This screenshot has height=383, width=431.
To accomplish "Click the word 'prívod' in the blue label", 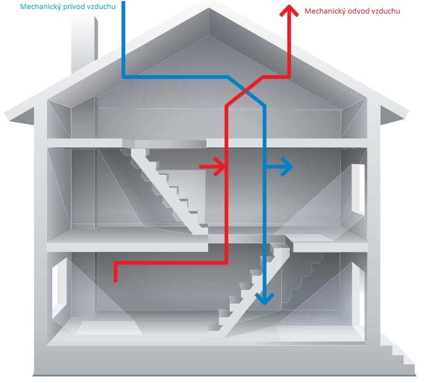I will click(x=71, y=7).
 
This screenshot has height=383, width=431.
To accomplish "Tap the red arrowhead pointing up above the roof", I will click(x=289, y=10).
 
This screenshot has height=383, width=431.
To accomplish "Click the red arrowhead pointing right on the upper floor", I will click(x=219, y=167).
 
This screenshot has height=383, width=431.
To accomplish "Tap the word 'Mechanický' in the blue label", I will click(x=40, y=7).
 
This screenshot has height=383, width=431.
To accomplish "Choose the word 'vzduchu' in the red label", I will click(x=386, y=11).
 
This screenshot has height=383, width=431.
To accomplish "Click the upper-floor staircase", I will click(x=170, y=182).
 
